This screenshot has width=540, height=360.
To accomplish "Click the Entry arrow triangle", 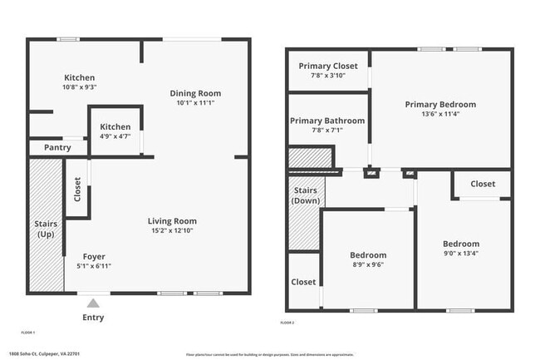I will point(94,303).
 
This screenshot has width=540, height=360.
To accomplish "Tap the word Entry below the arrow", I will point(94,318).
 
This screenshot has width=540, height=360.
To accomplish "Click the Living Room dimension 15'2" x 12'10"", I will point(172,230).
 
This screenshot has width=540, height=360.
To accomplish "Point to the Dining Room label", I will point(195,93).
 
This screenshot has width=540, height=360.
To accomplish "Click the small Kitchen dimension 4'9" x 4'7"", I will point(115,136).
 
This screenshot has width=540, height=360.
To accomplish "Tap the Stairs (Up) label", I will point(45,229).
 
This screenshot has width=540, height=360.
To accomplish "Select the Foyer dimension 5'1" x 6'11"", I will point(94,266).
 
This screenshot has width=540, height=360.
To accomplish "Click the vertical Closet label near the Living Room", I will point(77,190).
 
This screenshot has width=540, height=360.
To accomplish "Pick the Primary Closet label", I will point(328,67).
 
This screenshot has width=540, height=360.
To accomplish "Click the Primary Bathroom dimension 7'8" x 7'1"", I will point(326,130).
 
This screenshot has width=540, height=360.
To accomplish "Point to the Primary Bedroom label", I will point(440,105).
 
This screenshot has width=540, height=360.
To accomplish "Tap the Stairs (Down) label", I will point(305,196).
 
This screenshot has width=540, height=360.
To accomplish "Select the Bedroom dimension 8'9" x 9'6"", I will point(367,265).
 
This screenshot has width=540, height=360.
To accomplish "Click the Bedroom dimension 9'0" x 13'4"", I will point(460,254).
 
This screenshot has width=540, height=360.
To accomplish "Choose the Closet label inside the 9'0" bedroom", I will point(483,184).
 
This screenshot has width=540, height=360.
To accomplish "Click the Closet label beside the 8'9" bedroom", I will point(303,282).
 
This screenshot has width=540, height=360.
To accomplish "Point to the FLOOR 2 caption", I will point(287,323).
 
